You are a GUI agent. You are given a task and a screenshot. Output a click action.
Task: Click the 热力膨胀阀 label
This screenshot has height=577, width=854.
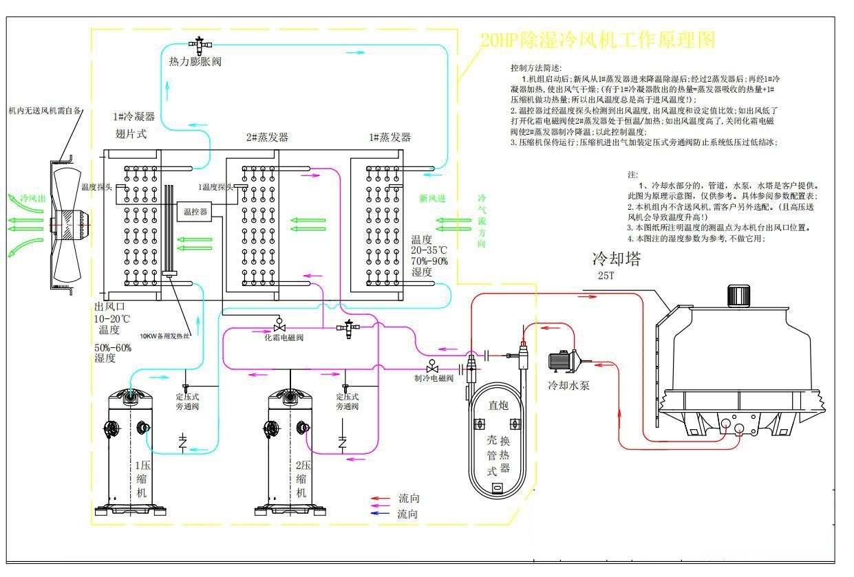[x=195, y=62]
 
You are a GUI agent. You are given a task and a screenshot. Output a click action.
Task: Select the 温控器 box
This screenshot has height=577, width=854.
[x=195, y=212]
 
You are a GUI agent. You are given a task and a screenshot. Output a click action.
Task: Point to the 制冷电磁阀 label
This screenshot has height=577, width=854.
[x=434, y=378]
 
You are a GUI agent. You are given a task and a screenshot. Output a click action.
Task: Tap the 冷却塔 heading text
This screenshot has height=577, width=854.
[x=617, y=259]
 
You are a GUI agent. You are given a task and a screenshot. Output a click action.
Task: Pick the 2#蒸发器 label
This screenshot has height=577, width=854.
[x=267, y=138]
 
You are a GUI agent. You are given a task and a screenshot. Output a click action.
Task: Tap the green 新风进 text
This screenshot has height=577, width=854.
[x=432, y=198]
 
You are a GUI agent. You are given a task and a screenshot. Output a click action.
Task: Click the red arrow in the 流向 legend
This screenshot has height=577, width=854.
[x=380, y=498]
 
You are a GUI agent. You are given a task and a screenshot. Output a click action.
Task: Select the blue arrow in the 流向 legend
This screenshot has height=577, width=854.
[x=380, y=514]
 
